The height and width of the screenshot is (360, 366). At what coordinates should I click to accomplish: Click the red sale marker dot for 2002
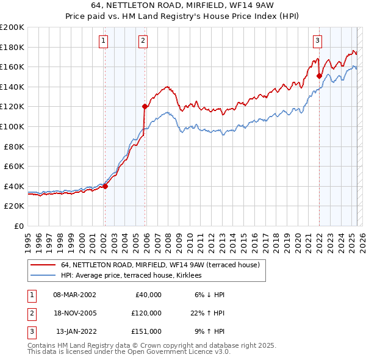[x=105, y=186]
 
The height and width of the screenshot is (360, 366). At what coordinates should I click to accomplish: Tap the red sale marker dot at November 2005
[x=145, y=106]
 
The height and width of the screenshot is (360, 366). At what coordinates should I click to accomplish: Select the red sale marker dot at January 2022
[x=319, y=76]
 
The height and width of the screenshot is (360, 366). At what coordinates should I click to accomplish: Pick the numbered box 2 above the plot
[x=143, y=41]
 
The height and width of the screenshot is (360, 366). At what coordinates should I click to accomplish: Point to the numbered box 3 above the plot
[x=318, y=41]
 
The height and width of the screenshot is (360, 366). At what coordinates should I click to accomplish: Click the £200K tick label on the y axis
[x=12, y=27]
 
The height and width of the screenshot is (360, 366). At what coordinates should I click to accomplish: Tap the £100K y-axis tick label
[x=12, y=126]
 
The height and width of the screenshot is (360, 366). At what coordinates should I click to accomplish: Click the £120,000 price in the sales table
[x=147, y=313]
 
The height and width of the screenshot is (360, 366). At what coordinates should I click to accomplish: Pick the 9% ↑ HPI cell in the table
[x=208, y=331]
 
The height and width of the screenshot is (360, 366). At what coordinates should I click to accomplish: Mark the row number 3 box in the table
[x=30, y=331]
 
